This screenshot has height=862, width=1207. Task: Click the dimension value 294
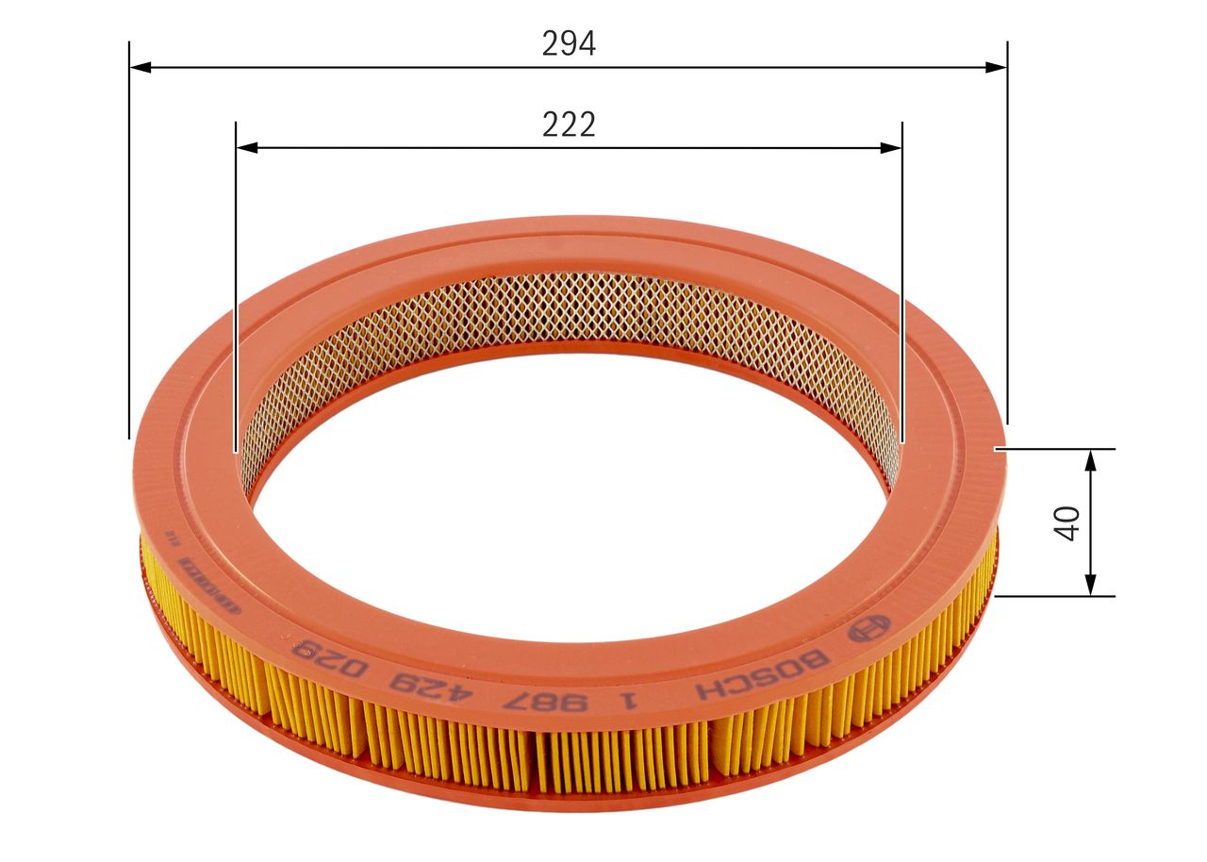569,44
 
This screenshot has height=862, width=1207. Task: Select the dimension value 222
569,124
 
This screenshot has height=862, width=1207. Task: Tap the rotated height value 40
1066,522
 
